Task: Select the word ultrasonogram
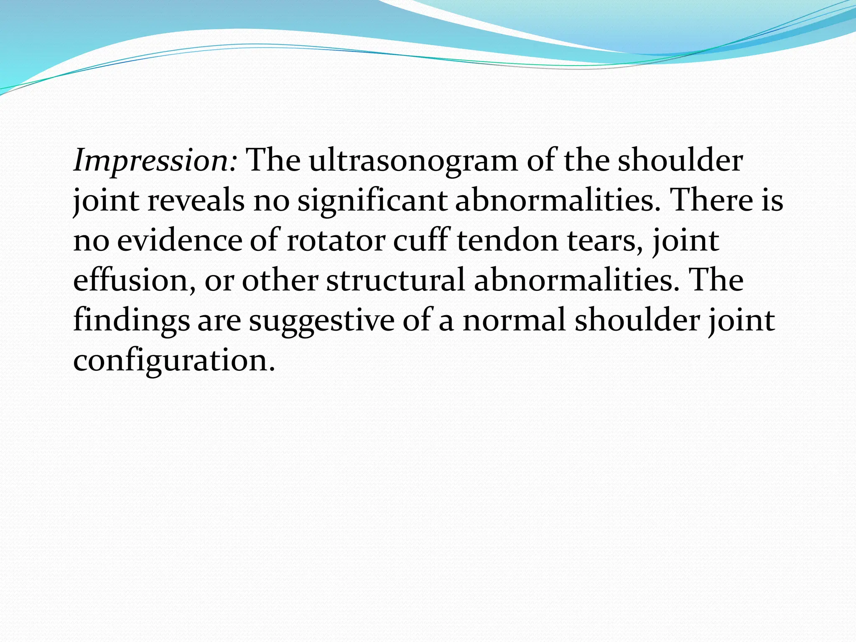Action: (x=413, y=161)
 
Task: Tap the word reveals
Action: (x=196, y=201)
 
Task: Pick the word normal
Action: (x=514, y=320)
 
